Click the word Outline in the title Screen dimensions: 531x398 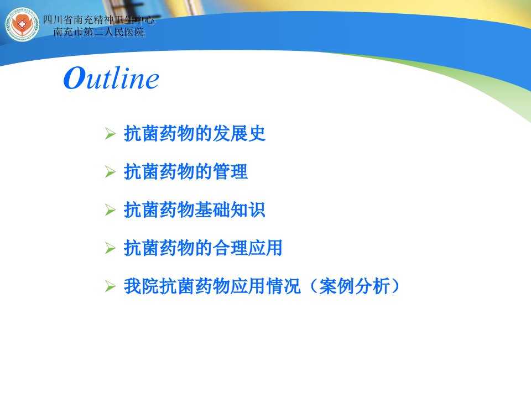click(111, 78)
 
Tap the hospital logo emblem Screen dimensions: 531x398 click(22, 24)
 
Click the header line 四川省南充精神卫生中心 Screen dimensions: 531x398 click(98, 20)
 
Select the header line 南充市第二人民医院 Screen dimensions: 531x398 click(99, 32)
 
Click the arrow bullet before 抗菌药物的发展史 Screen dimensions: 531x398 click(111, 134)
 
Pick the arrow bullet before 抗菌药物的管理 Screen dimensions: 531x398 click(111, 172)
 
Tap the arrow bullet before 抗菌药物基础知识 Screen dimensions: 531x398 click(111, 210)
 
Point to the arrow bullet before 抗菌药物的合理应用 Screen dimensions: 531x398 click(111, 248)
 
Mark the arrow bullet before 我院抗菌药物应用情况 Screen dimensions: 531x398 click(111, 286)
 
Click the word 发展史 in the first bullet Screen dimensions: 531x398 click(239, 133)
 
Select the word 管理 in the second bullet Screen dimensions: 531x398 click(230, 171)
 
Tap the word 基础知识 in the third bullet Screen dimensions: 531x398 click(230, 210)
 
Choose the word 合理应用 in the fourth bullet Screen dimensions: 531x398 click(248, 248)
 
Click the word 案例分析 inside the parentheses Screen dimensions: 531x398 click(354, 286)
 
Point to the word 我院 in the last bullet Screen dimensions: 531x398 click(141, 286)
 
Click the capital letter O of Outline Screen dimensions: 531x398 click(74, 78)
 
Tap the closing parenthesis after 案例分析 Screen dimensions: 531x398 click(395, 286)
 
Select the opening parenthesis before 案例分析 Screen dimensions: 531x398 click(313, 286)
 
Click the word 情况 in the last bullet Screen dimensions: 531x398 click(283, 286)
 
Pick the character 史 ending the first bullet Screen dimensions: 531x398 click(257, 133)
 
